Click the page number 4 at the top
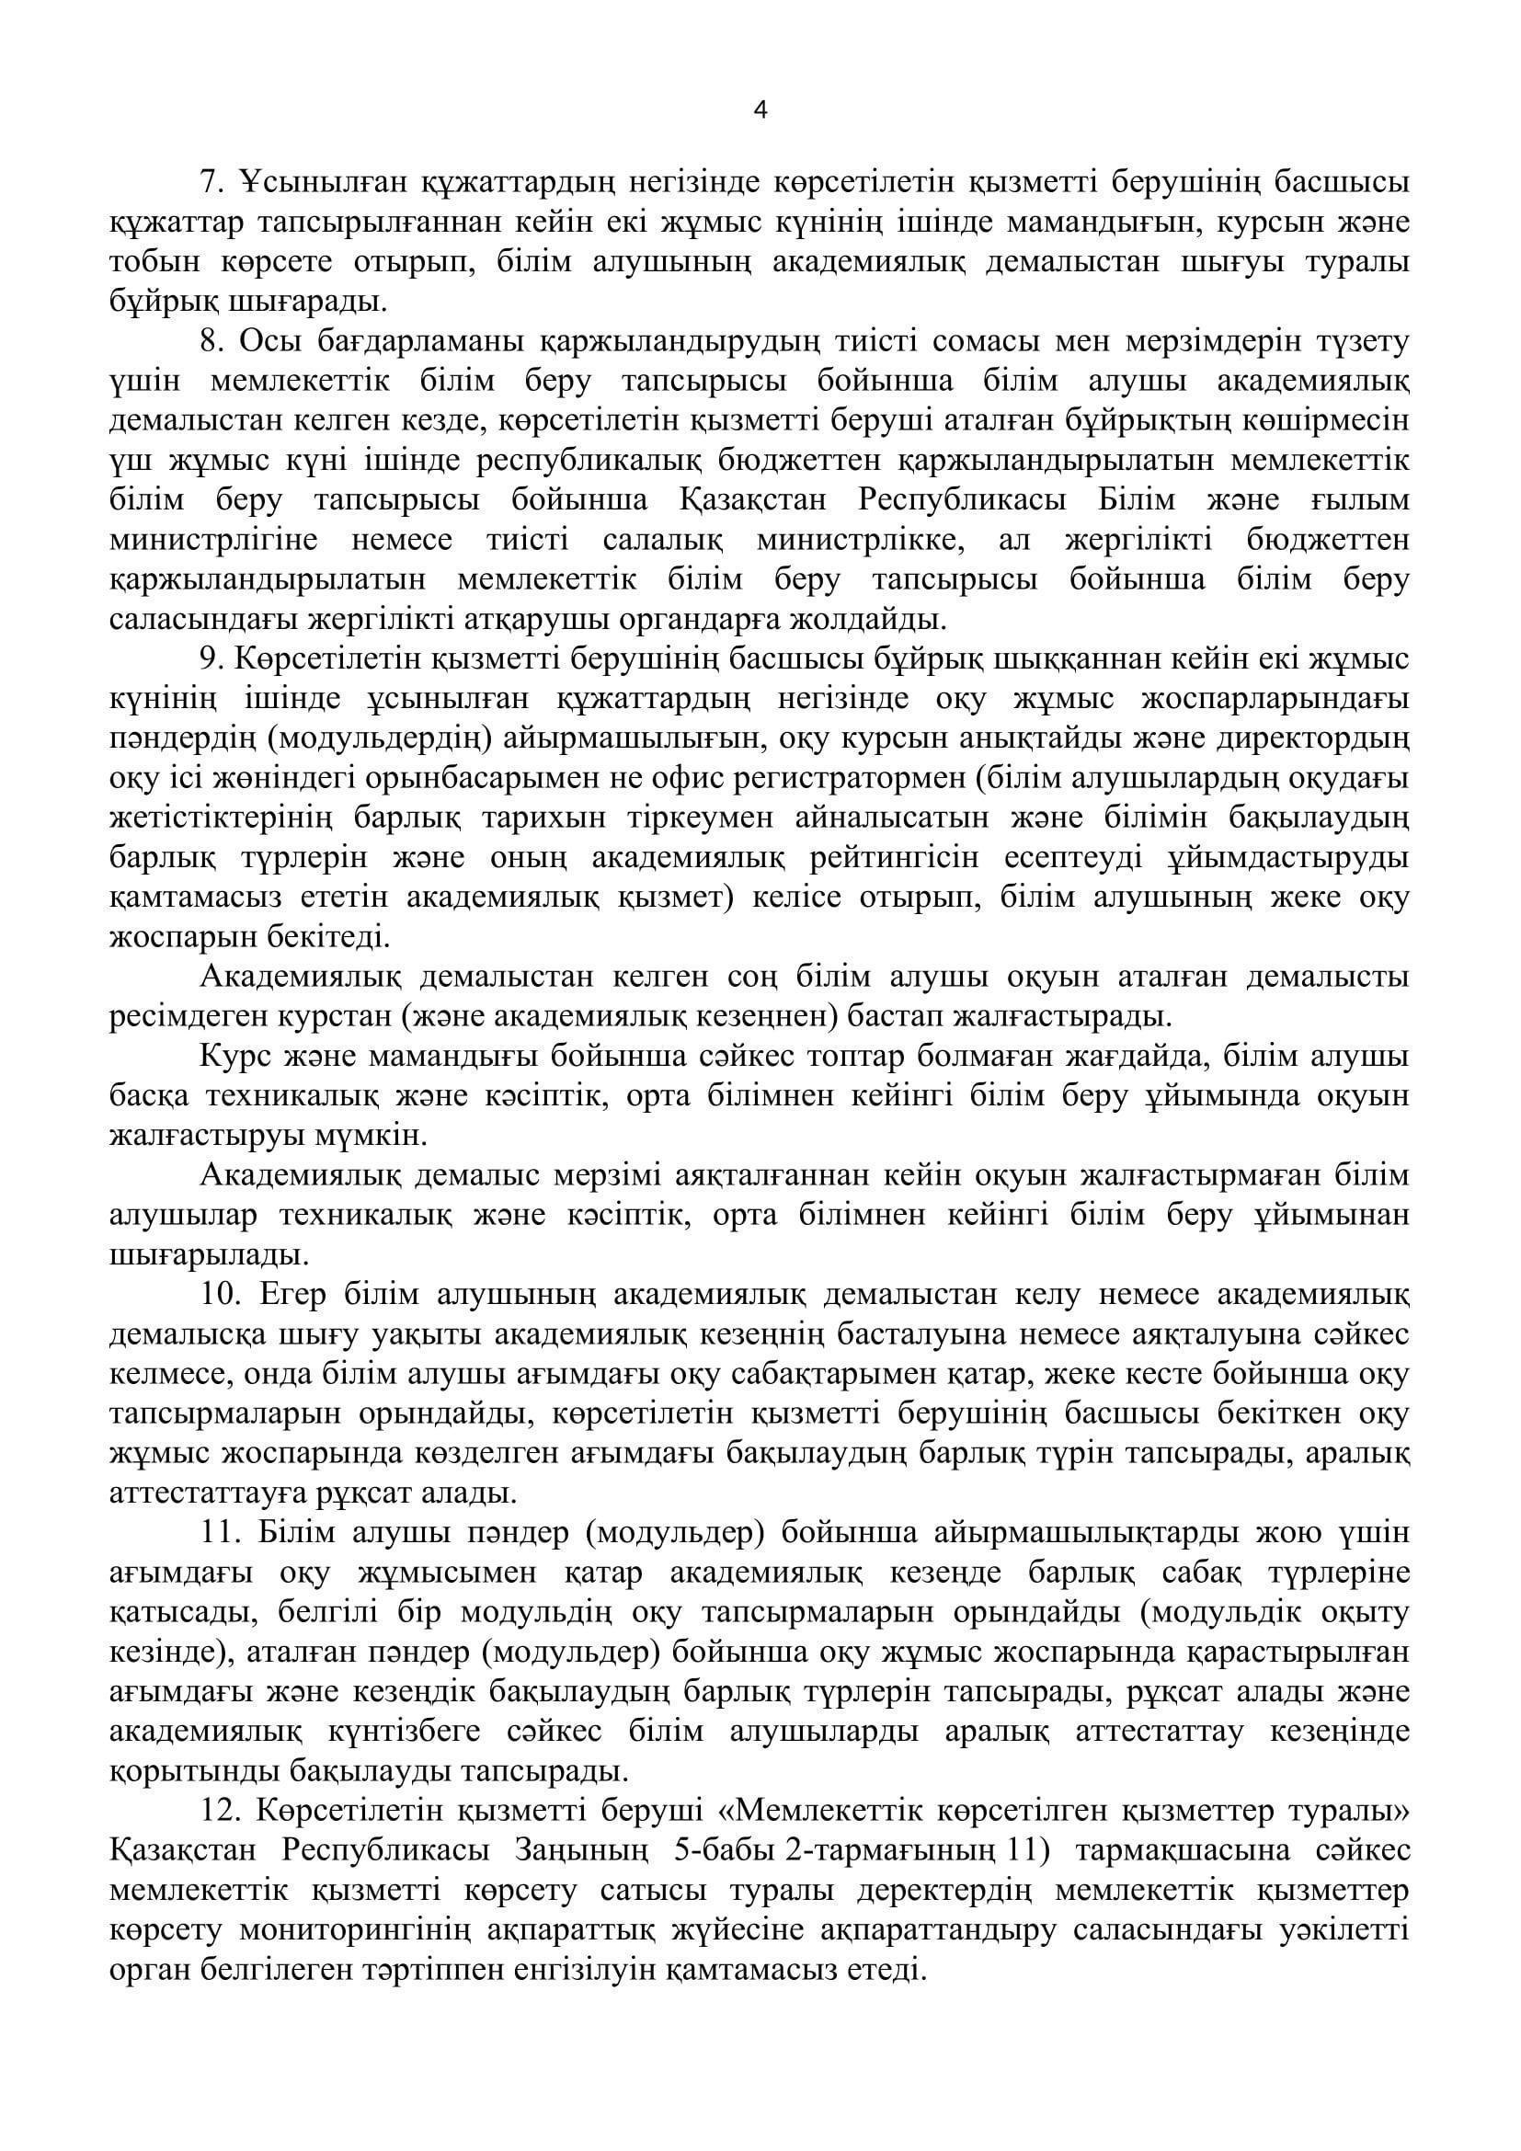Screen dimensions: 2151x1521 point(760,111)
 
